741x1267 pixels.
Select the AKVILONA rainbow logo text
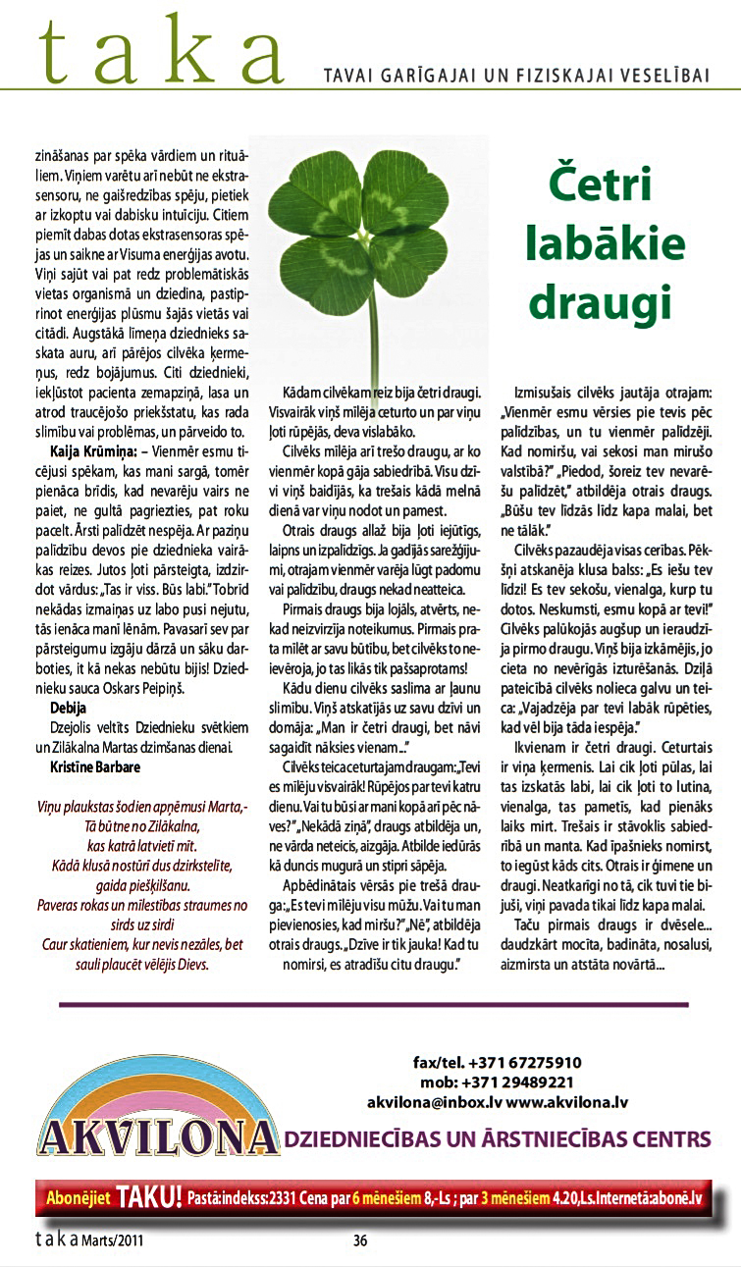(x=157, y=1137)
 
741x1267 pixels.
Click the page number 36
(x=360, y=1240)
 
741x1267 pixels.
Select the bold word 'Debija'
(x=68, y=707)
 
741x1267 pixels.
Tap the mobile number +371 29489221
(x=525, y=1082)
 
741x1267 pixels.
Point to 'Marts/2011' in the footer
(x=115, y=1240)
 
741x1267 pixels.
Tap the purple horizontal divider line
(x=373, y=1004)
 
